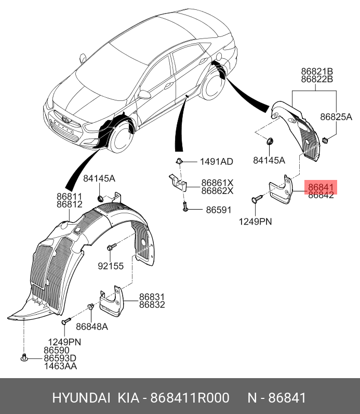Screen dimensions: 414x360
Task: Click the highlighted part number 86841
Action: pos(322,186)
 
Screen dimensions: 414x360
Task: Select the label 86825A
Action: pos(336,117)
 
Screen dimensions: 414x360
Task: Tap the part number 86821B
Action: pos(316,71)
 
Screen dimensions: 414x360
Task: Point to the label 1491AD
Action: pos(217,161)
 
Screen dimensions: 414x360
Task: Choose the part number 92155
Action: pos(111,266)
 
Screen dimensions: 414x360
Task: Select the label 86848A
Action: pos(91,327)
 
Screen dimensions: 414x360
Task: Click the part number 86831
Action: pos(152,296)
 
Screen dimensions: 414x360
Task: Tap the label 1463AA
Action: pos(60,367)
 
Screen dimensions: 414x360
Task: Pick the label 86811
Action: pos(70,197)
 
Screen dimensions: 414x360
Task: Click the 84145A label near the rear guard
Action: pos(269,160)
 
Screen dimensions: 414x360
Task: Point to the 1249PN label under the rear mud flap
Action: pos(256,222)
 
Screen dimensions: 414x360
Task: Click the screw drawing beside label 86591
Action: pos(184,208)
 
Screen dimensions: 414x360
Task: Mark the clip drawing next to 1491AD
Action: pos(179,161)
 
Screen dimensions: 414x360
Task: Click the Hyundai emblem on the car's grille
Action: pos(65,119)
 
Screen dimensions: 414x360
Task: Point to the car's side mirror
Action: pos(143,95)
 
